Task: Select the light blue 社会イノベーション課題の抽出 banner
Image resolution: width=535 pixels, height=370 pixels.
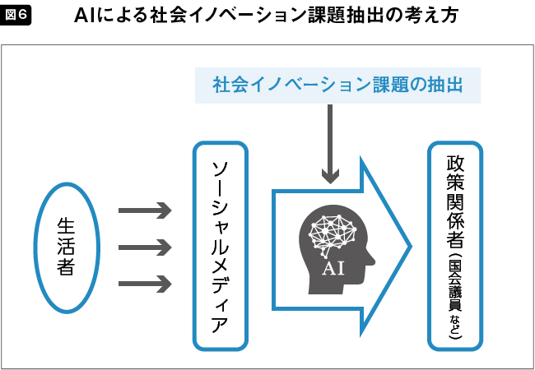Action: point(337,84)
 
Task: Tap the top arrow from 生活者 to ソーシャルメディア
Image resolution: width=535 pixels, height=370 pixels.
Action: point(145,210)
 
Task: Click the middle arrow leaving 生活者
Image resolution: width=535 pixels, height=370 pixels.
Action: point(145,247)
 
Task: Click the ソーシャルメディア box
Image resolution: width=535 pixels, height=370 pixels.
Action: point(220,247)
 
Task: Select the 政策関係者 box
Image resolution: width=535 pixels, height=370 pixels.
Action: point(455,246)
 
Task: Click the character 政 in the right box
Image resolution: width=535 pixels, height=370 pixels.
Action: point(455,162)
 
